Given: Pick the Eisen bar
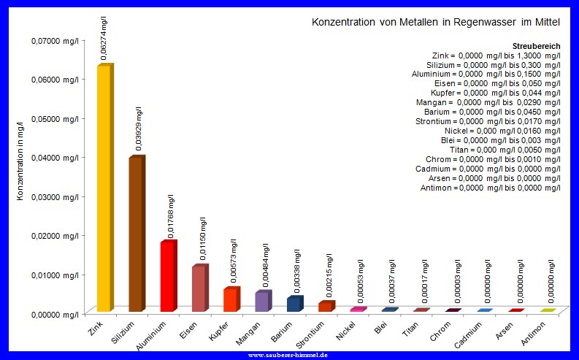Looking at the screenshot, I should pos(199,288).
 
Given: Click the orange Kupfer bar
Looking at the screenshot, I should pos(230,300).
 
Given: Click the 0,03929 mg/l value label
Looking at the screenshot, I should pos(139,129).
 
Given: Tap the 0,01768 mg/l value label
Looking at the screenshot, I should pos(171,216).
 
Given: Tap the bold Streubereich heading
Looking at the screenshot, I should pos(537,45).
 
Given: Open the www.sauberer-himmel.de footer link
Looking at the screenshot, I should pos(288,355).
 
